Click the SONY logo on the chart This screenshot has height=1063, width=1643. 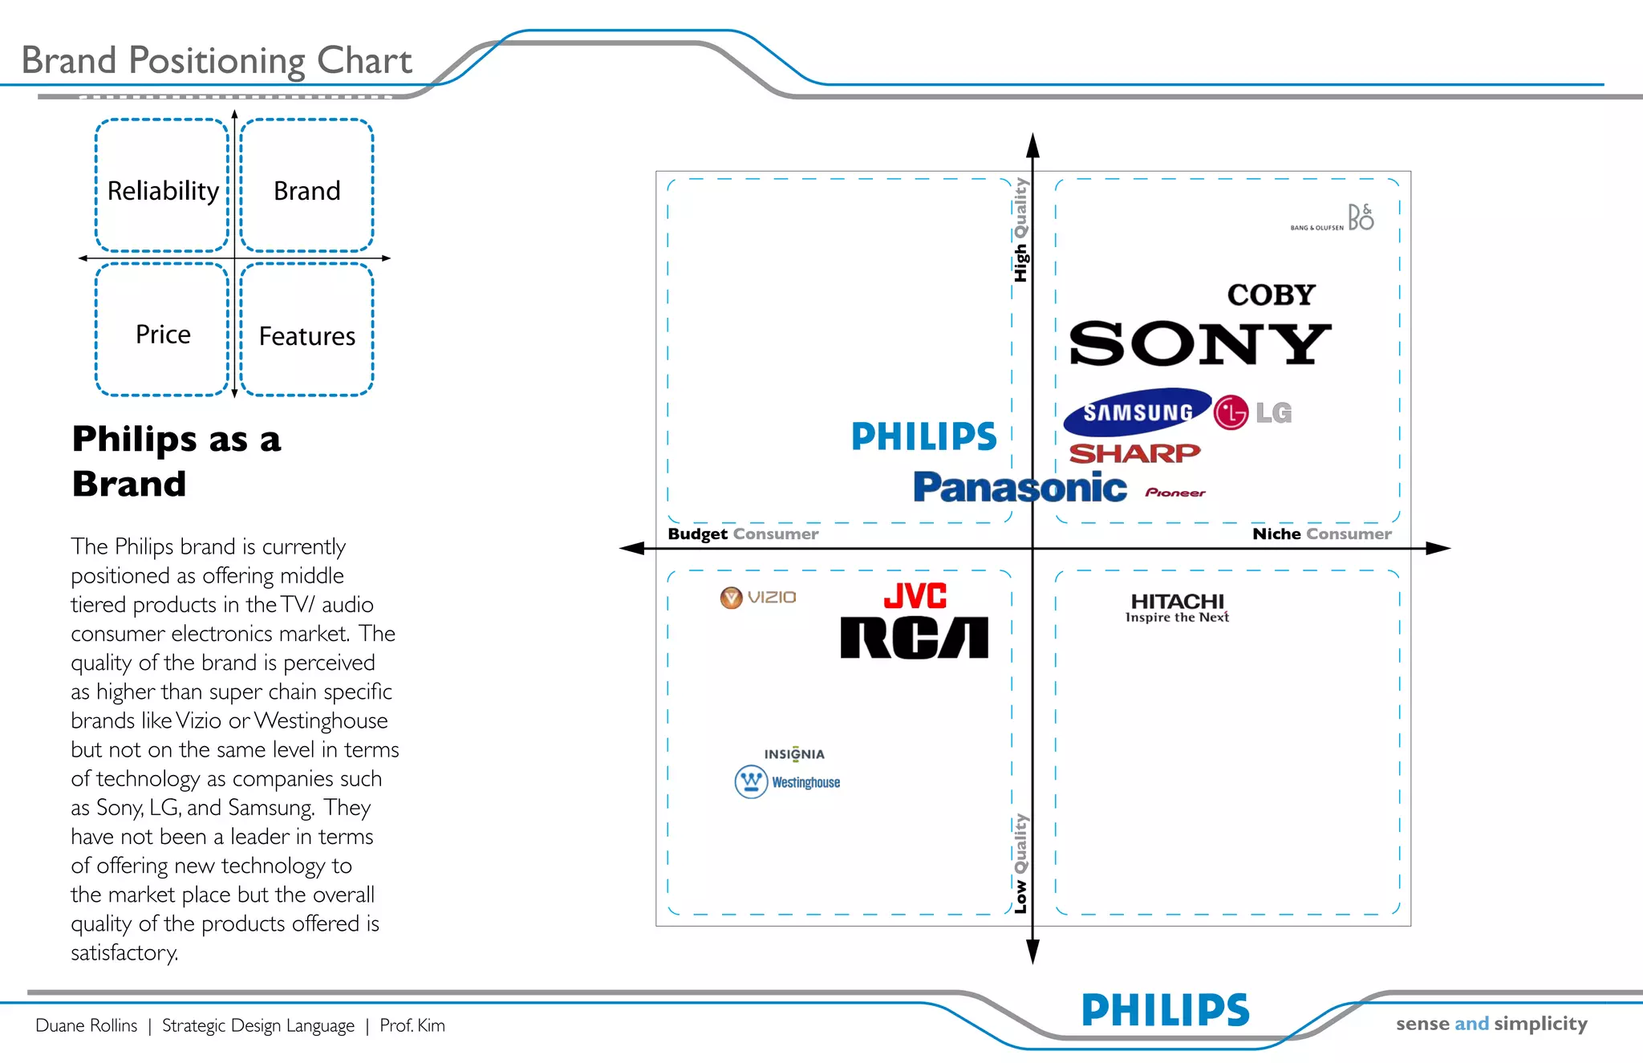[x=1199, y=343]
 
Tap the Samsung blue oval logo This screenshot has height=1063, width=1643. [x=1138, y=412]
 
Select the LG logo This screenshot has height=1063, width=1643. [x=1253, y=413]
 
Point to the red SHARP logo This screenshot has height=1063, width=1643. [x=1134, y=453]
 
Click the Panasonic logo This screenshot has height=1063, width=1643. [x=1020, y=488]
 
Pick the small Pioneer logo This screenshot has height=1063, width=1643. [x=1175, y=493]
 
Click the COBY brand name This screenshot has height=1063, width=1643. [x=1272, y=295]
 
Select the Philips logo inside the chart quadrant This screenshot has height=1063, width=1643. [x=923, y=436]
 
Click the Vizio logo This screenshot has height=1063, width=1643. [x=758, y=597]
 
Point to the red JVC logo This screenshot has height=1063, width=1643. [x=915, y=596]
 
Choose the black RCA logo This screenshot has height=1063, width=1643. [x=914, y=638]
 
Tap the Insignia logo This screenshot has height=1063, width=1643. [x=794, y=754]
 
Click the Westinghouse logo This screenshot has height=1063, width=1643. [x=788, y=781]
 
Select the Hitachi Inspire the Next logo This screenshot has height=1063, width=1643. [x=1177, y=607]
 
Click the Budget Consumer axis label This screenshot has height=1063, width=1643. [x=743, y=534]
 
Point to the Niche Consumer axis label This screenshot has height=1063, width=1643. [x=1321, y=534]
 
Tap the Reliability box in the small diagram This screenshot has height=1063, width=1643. [x=163, y=186]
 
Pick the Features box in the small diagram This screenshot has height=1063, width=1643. [x=306, y=331]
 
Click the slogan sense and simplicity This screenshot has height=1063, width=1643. [x=1491, y=1024]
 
